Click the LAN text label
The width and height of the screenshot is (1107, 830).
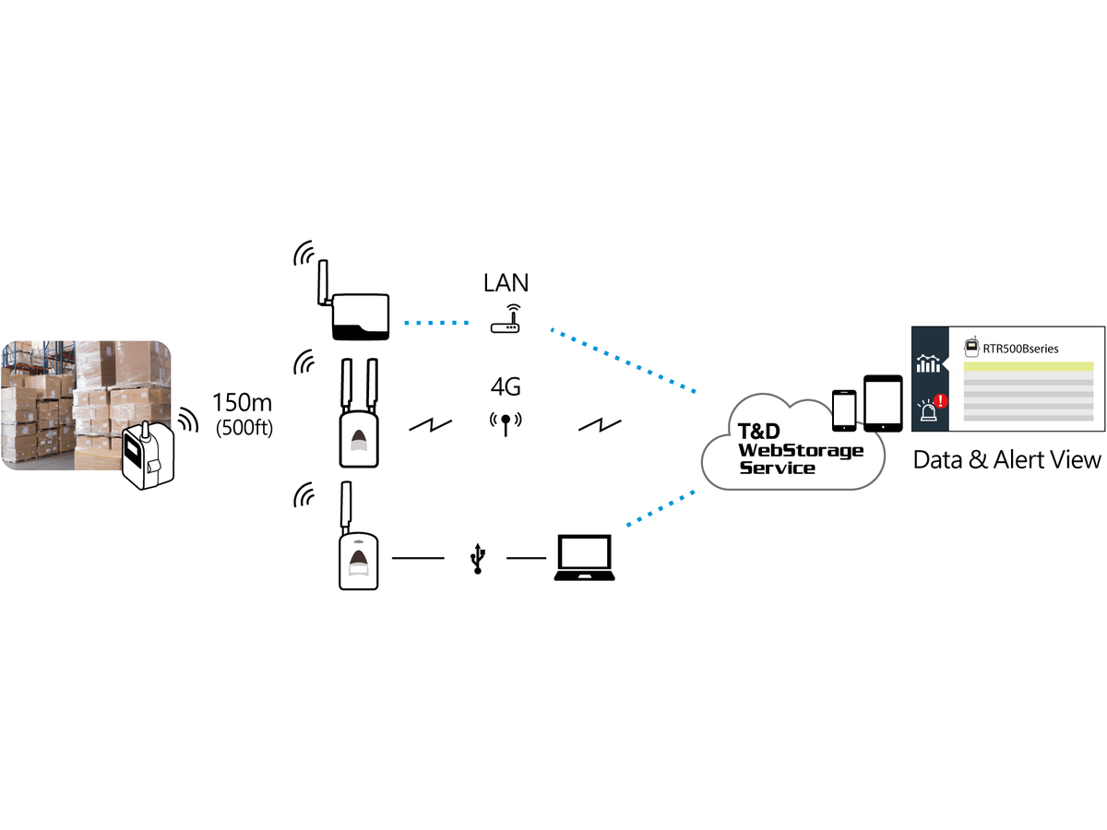506,283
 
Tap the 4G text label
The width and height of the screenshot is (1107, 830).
506,387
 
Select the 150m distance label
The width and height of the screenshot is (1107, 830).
242,403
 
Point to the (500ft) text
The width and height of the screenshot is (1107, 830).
244,428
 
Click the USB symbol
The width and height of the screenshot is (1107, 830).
478,558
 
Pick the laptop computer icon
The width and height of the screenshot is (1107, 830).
585,558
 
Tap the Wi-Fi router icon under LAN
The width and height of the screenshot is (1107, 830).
506,318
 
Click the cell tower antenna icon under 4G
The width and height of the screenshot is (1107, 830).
506,424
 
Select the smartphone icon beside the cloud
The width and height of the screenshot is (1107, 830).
844,410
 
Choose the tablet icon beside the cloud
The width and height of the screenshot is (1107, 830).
883,404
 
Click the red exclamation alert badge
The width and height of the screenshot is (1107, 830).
941,400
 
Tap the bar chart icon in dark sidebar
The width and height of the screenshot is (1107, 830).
928,363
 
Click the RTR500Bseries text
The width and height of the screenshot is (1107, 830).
1020,349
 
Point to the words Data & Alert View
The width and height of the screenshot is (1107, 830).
1006,460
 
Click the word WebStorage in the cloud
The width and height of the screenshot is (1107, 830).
801,450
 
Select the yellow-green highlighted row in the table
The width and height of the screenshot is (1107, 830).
1029,366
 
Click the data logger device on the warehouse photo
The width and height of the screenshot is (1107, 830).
148,455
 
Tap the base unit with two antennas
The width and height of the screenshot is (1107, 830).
359,413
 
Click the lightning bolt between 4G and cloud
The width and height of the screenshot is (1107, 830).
599,426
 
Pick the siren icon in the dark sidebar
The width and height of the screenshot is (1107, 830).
927,410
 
